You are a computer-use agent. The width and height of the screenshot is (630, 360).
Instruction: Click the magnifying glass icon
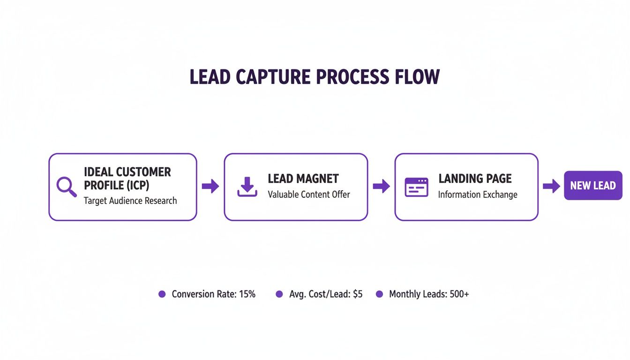66,187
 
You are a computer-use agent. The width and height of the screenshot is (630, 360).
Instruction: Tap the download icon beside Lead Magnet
247,187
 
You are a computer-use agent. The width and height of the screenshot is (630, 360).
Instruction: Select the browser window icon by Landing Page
416,187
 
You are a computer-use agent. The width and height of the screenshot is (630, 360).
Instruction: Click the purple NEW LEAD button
593,186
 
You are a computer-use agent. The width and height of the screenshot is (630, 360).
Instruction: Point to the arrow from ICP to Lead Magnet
210,186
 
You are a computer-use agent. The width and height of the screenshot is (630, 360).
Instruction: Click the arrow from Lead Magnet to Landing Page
381,186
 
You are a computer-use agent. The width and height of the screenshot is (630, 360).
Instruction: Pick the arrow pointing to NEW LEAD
551,186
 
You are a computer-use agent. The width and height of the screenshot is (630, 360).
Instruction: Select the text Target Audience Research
130,201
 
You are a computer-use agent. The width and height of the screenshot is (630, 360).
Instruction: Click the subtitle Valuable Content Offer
309,194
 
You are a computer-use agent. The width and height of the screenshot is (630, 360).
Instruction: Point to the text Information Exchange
478,194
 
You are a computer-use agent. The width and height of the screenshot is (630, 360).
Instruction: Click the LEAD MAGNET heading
303,179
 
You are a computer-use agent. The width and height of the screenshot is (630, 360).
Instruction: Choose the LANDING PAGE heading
475,179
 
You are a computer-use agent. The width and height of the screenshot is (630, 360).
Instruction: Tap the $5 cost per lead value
357,294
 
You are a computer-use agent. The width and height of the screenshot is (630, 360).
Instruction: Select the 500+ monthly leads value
459,294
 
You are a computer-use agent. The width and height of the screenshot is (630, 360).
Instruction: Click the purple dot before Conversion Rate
162,294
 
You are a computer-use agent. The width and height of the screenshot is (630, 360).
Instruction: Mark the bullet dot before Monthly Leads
380,294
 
